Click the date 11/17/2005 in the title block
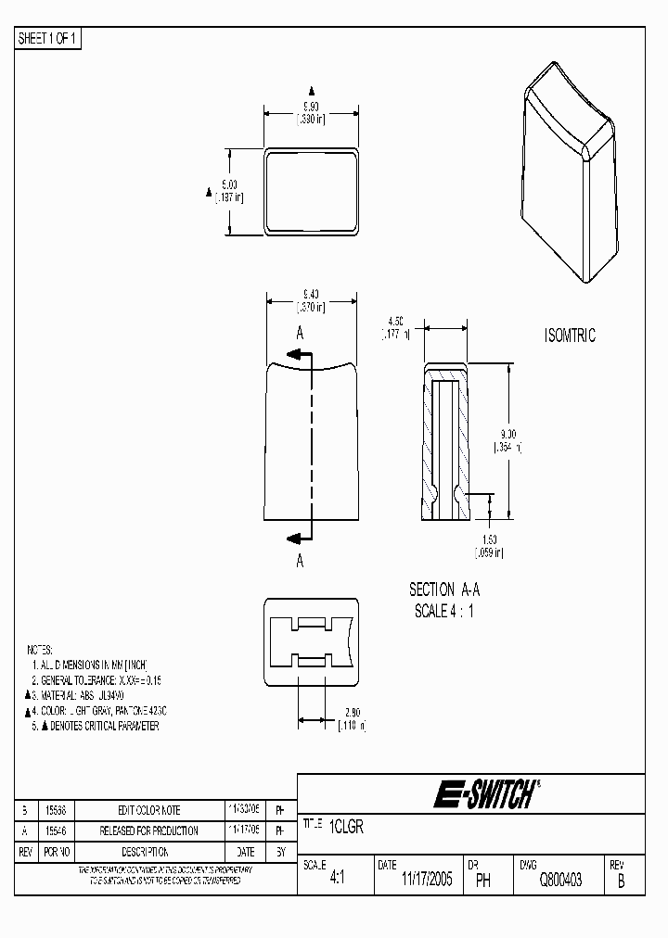(x=427, y=881)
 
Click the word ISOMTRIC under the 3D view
(x=570, y=336)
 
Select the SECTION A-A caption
(x=444, y=589)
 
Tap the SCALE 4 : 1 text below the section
(x=444, y=611)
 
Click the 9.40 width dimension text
(x=310, y=294)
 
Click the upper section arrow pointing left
(x=299, y=354)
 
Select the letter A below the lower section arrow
(x=300, y=561)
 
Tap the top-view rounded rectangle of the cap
(x=311, y=190)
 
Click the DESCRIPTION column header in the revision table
(x=144, y=852)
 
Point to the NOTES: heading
(x=40, y=650)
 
